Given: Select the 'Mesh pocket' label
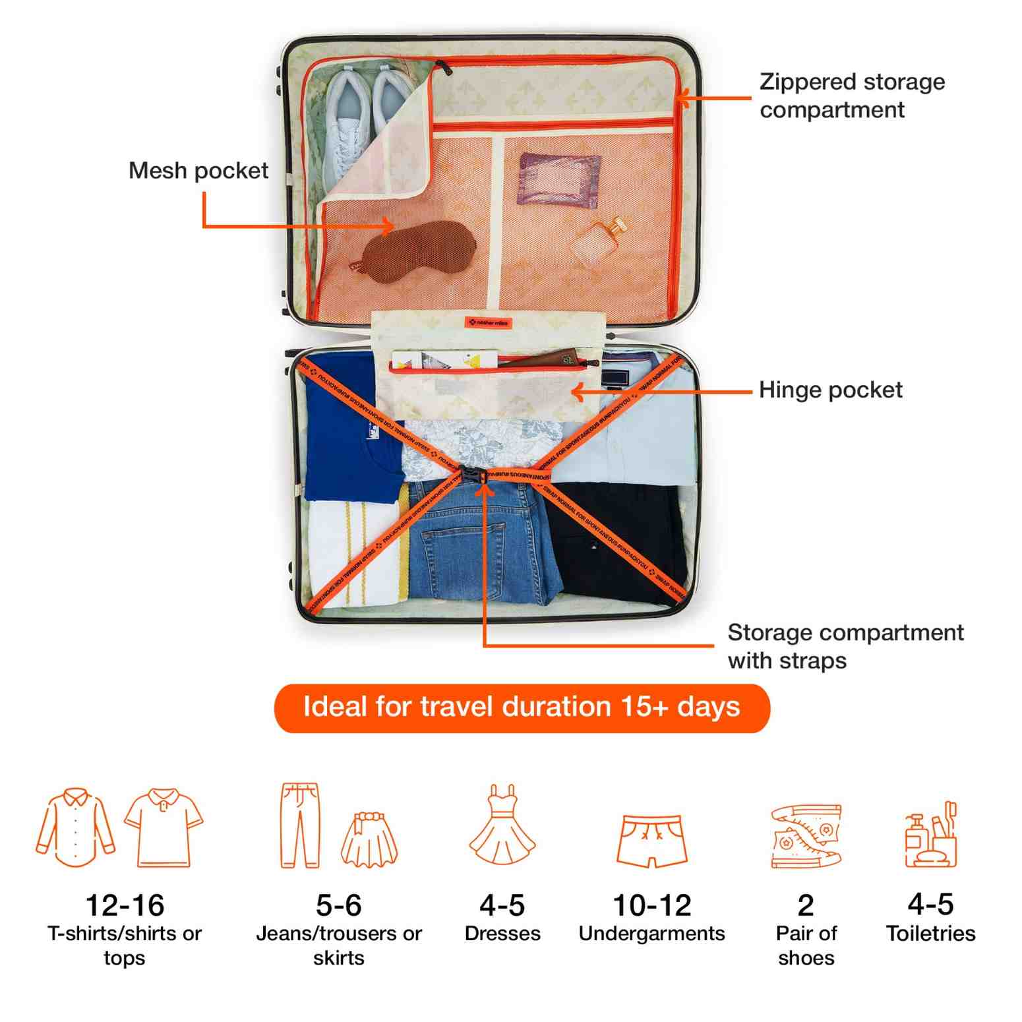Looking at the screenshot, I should pos(198,171).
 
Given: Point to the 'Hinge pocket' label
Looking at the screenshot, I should pos(830,390).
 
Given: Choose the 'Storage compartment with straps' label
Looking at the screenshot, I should pos(845,646).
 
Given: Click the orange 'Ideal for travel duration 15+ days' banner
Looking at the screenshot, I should pos(522,707).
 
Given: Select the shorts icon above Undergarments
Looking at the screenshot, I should pos(651,841).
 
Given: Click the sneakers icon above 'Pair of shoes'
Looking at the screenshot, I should pos(806,835).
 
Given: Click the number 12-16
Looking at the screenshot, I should pos(125,905).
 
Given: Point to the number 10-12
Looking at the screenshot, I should pos(651,905).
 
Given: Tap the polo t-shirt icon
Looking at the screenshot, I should pos(164,827).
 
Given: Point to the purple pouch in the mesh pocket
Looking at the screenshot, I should pos(558,179).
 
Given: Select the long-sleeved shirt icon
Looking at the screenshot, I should pos(75,827).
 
